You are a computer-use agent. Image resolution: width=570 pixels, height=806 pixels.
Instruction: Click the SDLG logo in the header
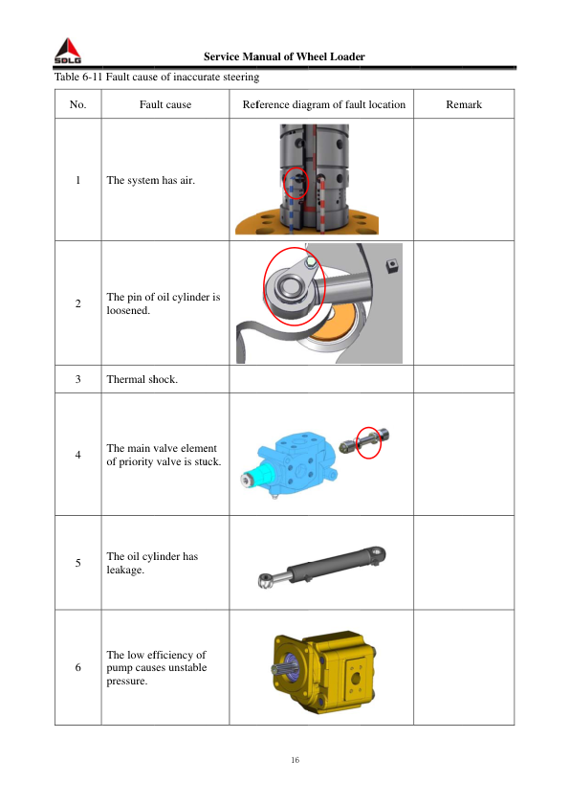(x=67, y=51)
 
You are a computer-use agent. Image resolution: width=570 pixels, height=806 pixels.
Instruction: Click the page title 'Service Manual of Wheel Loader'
(x=284, y=56)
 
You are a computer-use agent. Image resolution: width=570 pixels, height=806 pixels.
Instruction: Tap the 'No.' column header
(x=77, y=104)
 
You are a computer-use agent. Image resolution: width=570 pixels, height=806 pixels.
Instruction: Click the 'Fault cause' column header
(x=164, y=104)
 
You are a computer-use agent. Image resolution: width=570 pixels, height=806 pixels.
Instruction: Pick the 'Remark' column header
(x=464, y=104)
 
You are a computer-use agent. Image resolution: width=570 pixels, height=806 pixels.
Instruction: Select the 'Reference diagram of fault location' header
(x=323, y=104)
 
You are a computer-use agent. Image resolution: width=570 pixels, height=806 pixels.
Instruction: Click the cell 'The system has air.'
(x=151, y=180)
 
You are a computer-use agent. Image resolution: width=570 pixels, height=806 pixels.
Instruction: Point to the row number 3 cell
(x=77, y=379)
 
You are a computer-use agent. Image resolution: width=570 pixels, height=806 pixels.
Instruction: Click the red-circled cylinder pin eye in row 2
(x=294, y=285)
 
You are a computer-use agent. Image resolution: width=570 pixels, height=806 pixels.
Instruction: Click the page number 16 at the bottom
(x=295, y=760)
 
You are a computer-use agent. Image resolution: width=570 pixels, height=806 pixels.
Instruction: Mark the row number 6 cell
(x=77, y=667)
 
